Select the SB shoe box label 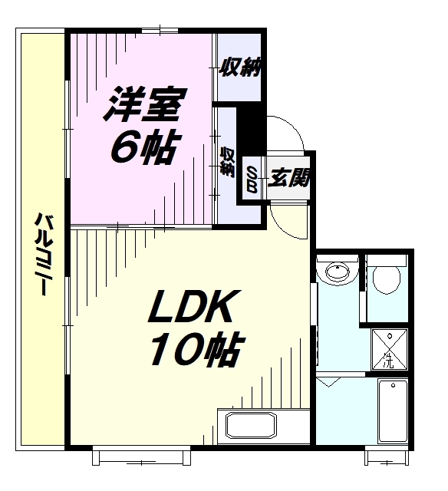click(x=252, y=178)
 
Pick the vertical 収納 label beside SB click(x=228, y=162)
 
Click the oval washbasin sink click(x=338, y=271)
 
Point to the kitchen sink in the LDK click(x=248, y=426)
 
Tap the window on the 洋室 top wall click(x=161, y=31)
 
